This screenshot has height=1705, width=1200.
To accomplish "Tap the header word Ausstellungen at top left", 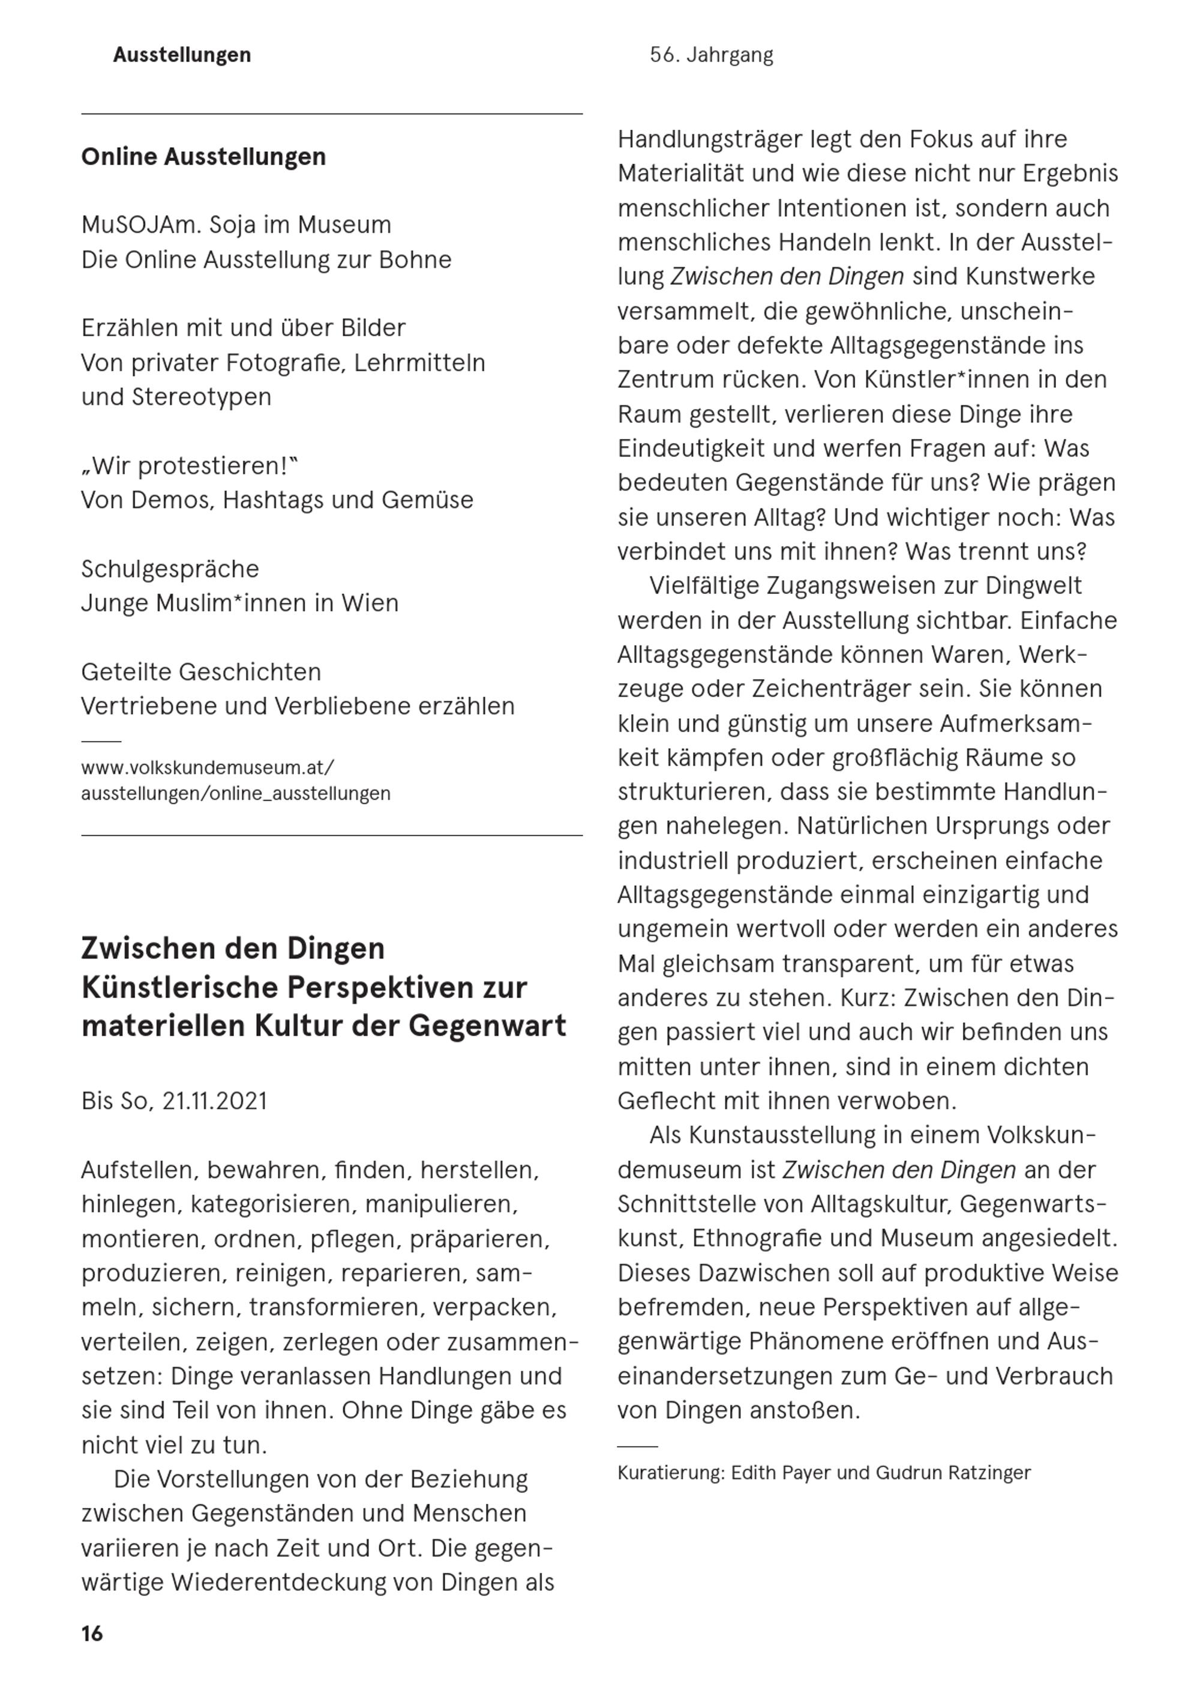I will coord(182,55).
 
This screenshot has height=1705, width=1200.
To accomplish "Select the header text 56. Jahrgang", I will coord(711,55).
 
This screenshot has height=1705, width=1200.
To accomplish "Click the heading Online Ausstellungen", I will coord(203,157).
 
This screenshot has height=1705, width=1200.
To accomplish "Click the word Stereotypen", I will coord(201,398).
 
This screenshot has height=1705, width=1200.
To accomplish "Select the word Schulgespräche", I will coord(170,569).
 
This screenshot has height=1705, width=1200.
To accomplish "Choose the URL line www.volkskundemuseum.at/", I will coord(208,766).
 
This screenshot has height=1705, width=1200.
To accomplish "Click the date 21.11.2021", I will coord(214,1100).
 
